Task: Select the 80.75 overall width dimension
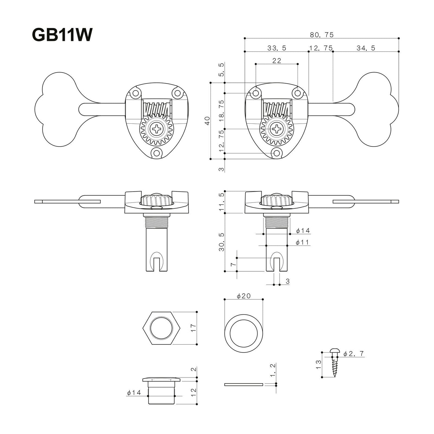322,35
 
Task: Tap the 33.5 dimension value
277,48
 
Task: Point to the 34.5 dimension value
366,48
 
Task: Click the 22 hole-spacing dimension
277,60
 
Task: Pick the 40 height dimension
207,121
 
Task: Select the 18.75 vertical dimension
222,111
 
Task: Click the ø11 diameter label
302,242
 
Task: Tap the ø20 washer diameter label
244,296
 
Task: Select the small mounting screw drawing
334,363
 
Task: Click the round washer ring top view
244,332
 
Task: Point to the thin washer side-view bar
244,384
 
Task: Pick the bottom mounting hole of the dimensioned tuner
277,153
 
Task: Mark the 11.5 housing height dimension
222,202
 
